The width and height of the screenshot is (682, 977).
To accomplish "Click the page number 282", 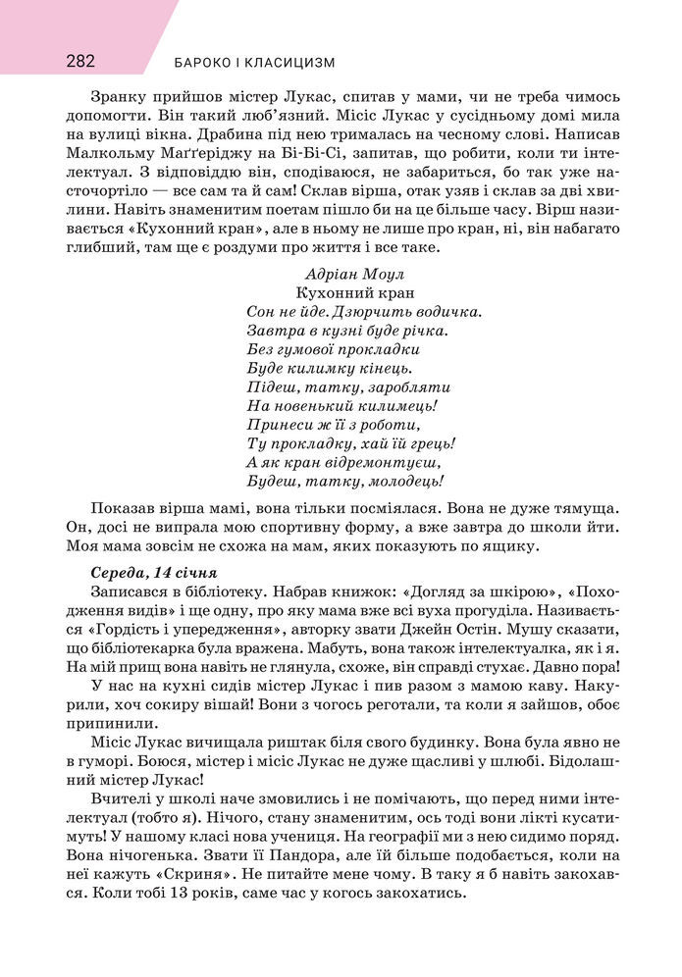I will point(80,61).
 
